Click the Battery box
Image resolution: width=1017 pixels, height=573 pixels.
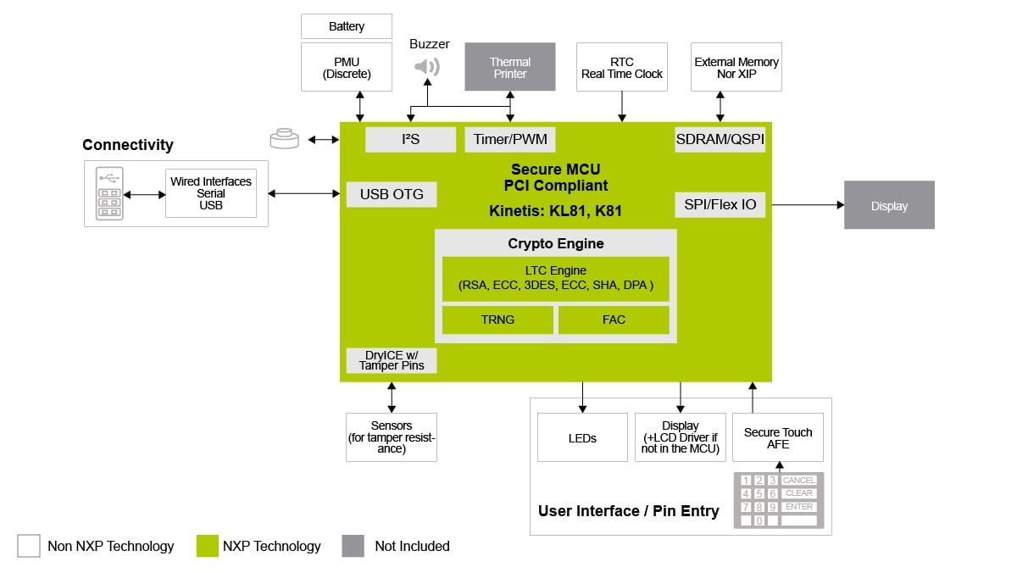(347, 26)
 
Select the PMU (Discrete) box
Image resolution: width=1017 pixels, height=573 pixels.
(347, 67)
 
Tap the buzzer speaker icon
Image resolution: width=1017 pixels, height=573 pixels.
(427, 66)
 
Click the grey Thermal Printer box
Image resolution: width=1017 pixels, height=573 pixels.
(509, 67)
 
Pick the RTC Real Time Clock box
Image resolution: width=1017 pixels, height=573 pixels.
(621, 67)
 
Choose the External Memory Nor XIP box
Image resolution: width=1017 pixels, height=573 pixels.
(736, 67)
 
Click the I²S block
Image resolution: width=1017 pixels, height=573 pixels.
(410, 139)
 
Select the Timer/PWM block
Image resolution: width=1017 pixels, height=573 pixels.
(509, 139)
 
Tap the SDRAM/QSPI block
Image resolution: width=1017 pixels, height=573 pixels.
(720, 139)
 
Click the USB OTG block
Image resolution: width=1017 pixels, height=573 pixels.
(392, 194)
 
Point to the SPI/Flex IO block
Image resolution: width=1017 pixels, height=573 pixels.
(720, 204)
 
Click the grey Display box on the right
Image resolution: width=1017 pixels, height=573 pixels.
(889, 205)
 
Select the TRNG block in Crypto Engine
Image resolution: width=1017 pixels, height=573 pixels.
(497, 320)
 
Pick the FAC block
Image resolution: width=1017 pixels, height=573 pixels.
(614, 320)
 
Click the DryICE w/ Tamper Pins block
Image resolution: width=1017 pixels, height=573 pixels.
(392, 360)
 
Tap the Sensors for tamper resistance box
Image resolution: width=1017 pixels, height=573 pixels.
(392, 437)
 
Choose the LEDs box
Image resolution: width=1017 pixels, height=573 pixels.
(582, 437)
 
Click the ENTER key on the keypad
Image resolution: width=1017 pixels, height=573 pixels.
(798, 507)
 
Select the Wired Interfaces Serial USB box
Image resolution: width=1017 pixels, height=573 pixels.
(211, 193)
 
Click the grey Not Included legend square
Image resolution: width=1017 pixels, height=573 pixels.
(353, 546)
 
